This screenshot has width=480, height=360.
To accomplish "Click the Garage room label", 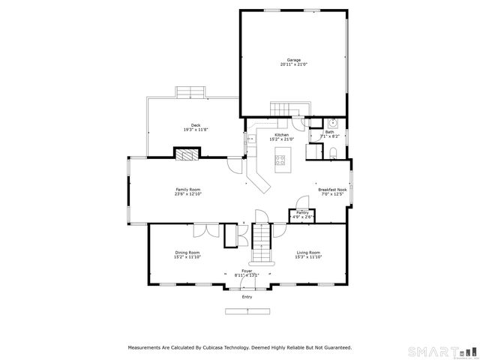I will click(x=294, y=59).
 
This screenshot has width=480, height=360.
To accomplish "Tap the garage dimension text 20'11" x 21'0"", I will click(x=294, y=64).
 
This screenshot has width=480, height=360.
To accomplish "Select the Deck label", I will click(x=195, y=125).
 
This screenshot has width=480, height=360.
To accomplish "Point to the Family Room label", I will click(x=187, y=190).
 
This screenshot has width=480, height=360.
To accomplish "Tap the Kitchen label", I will click(x=281, y=134).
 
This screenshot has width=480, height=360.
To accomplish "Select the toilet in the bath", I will click(x=334, y=154).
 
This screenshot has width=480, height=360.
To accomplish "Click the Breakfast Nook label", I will click(x=332, y=190).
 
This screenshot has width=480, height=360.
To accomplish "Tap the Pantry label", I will click(x=302, y=213).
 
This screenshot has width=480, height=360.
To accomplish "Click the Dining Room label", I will click(x=187, y=253).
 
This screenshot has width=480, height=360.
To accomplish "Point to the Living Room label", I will click(x=307, y=253).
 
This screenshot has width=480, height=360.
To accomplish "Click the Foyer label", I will click(x=247, y=271).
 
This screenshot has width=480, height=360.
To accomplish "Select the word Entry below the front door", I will click(x=247, y=297).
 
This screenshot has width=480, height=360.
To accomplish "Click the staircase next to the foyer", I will click(x=259, y=238).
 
